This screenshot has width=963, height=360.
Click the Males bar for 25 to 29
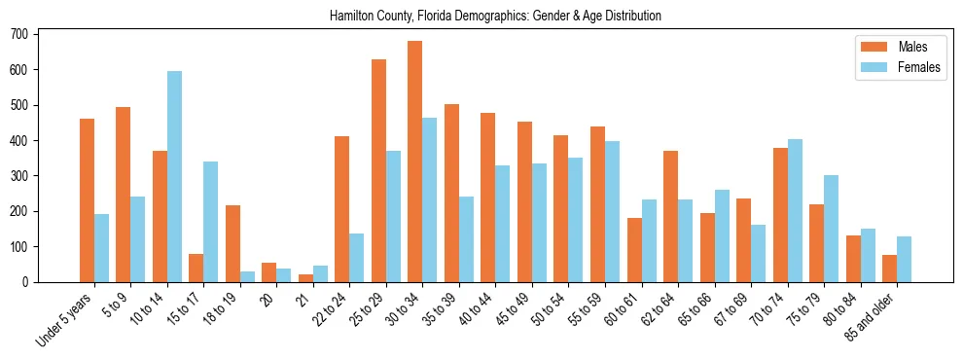378,170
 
